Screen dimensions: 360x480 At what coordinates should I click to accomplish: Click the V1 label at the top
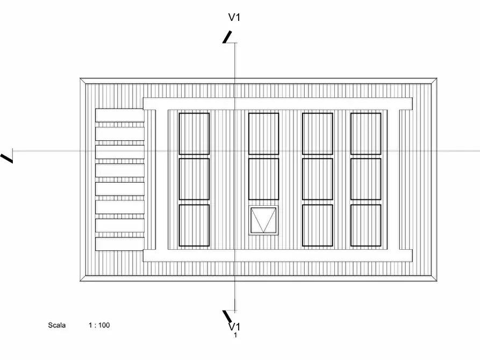pyautogui.click(x=234, y=17)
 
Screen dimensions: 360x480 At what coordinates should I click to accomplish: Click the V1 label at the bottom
pyautogui.click(x=234, y=326)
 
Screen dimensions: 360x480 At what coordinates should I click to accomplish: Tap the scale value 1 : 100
pyautogui.click(x=99, y=325)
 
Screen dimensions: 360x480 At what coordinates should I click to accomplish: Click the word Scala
pyautogui.click(x=56, y=325)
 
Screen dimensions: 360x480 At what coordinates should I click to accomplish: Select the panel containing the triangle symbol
pyautogui.click(x=263, y=220)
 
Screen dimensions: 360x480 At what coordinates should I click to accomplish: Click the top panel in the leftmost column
pyautogui.click(x=194, y=133)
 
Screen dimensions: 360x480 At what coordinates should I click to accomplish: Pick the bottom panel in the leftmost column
pyautogui.click(x=194, y=225)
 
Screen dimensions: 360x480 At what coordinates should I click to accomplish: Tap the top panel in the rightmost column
pyautogui.click(x=366, y=133)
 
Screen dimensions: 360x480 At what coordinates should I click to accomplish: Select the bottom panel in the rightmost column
pyautogui.click(x=366, y=225)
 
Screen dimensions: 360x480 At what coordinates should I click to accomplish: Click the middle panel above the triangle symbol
pyautogui.click(x=263, y=179)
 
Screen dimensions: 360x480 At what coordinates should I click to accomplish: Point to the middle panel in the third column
pyautogui.click(x=317, y=179)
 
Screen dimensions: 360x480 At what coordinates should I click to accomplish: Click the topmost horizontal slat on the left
pyautogui.click(x=119, y=115)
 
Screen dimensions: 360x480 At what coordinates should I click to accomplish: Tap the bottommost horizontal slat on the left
pyautogui.click(x=119, y=243)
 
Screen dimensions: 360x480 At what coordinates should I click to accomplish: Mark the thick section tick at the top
pyautogui.click(x=228, y=36)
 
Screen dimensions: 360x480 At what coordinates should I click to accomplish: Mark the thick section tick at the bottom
pyautogui.click(x=228, y=316)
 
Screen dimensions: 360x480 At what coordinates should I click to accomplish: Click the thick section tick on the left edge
pyautogui.click(x=7, y=157)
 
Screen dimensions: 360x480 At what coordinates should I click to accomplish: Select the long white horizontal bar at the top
pyautogui.click(x=277, y=103)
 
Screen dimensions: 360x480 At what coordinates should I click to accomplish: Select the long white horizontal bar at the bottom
pyautogui.click(x=277, y=256)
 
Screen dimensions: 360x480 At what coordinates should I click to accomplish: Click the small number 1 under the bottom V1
pyautogui.click(x=235, y=335)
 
